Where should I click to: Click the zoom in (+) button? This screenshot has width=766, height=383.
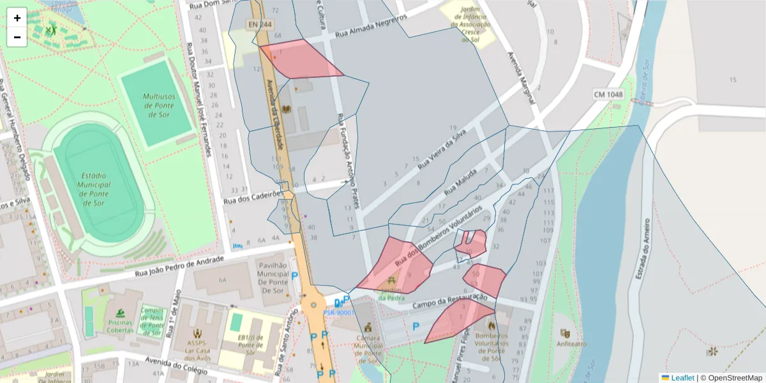(17, 18)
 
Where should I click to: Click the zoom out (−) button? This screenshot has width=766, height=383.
(17, 37)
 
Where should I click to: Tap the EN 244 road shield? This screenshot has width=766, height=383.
(259, 24)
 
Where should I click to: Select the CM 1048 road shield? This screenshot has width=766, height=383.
(607, 94)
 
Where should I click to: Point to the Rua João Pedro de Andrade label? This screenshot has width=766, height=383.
(180, 267)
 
